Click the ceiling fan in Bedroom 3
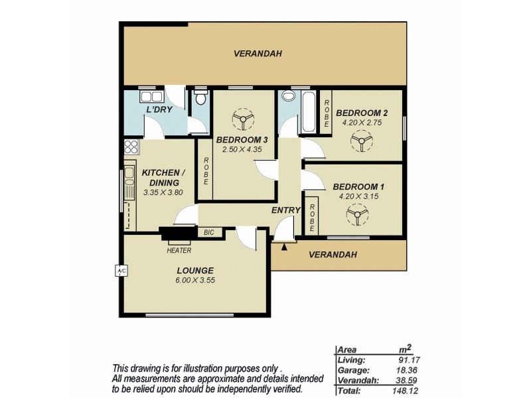click(242, 119)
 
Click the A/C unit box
click(120, 271)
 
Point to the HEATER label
click(179, 251)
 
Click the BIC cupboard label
click(209, 232)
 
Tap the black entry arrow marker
click(285, 247)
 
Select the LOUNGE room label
click(194, 270)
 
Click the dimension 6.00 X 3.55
click(194, 280)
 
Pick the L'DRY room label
click(159, 109)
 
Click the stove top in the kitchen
click(130, 147)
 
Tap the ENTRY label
click(285, 210)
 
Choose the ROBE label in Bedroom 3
click(206, 170)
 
